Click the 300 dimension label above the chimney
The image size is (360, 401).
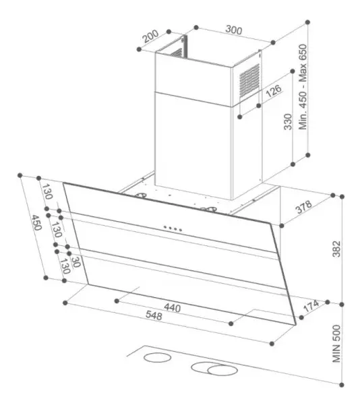[x=234, y=30]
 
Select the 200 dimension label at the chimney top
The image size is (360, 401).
[x=150, y=36]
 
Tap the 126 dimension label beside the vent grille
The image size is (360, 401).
[x=274, y=91]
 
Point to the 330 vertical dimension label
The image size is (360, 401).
[x=288, y=122]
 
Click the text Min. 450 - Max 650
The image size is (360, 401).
[x=303, y=87]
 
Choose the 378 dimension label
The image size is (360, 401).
[x=304, y=207]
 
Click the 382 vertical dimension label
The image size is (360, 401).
[x=336, y=249]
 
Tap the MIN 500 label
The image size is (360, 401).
[x=336, y=344]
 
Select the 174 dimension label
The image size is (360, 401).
[x=311, y=306]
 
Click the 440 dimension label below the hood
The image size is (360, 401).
[x=172, y=307]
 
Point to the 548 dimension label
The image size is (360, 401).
[x=154, y=315]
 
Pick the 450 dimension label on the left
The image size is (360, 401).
[x=36, y=222]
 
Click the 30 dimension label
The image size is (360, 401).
[x=76, y=261]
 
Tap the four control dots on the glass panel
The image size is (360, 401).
[x=173, y=228]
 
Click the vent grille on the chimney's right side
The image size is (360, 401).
[x=249, y=81]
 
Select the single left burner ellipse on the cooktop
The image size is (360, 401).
[x=157, y=357]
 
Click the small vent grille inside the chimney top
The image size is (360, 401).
[x=177, y=53]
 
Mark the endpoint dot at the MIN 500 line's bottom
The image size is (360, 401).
[x=342, y=385]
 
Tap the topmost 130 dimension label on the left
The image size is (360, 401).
[x=47, y=191]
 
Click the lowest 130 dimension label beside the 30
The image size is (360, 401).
[x=65, y=266]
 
